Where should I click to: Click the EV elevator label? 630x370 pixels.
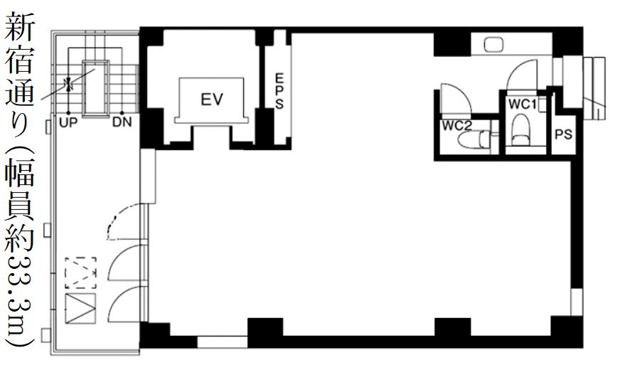(212, 99)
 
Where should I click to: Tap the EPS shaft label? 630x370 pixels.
(279, 90)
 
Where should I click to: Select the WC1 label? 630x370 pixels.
(523, 105)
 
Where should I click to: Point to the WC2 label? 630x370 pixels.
(457, 126)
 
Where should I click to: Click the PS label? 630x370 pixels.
(563, 134)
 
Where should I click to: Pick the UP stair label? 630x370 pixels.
(68, 122)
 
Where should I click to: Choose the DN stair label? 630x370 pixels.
(122, 122)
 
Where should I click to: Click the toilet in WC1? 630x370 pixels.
(521, 129)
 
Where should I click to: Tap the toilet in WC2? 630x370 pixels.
(474, 140)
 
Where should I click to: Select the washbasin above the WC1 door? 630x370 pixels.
(493, 44)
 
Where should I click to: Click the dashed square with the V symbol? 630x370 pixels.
(81, 273)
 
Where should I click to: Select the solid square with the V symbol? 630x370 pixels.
(81, 309)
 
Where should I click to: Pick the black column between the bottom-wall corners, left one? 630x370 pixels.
(265, 332)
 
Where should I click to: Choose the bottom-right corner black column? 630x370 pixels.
(567, 332)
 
